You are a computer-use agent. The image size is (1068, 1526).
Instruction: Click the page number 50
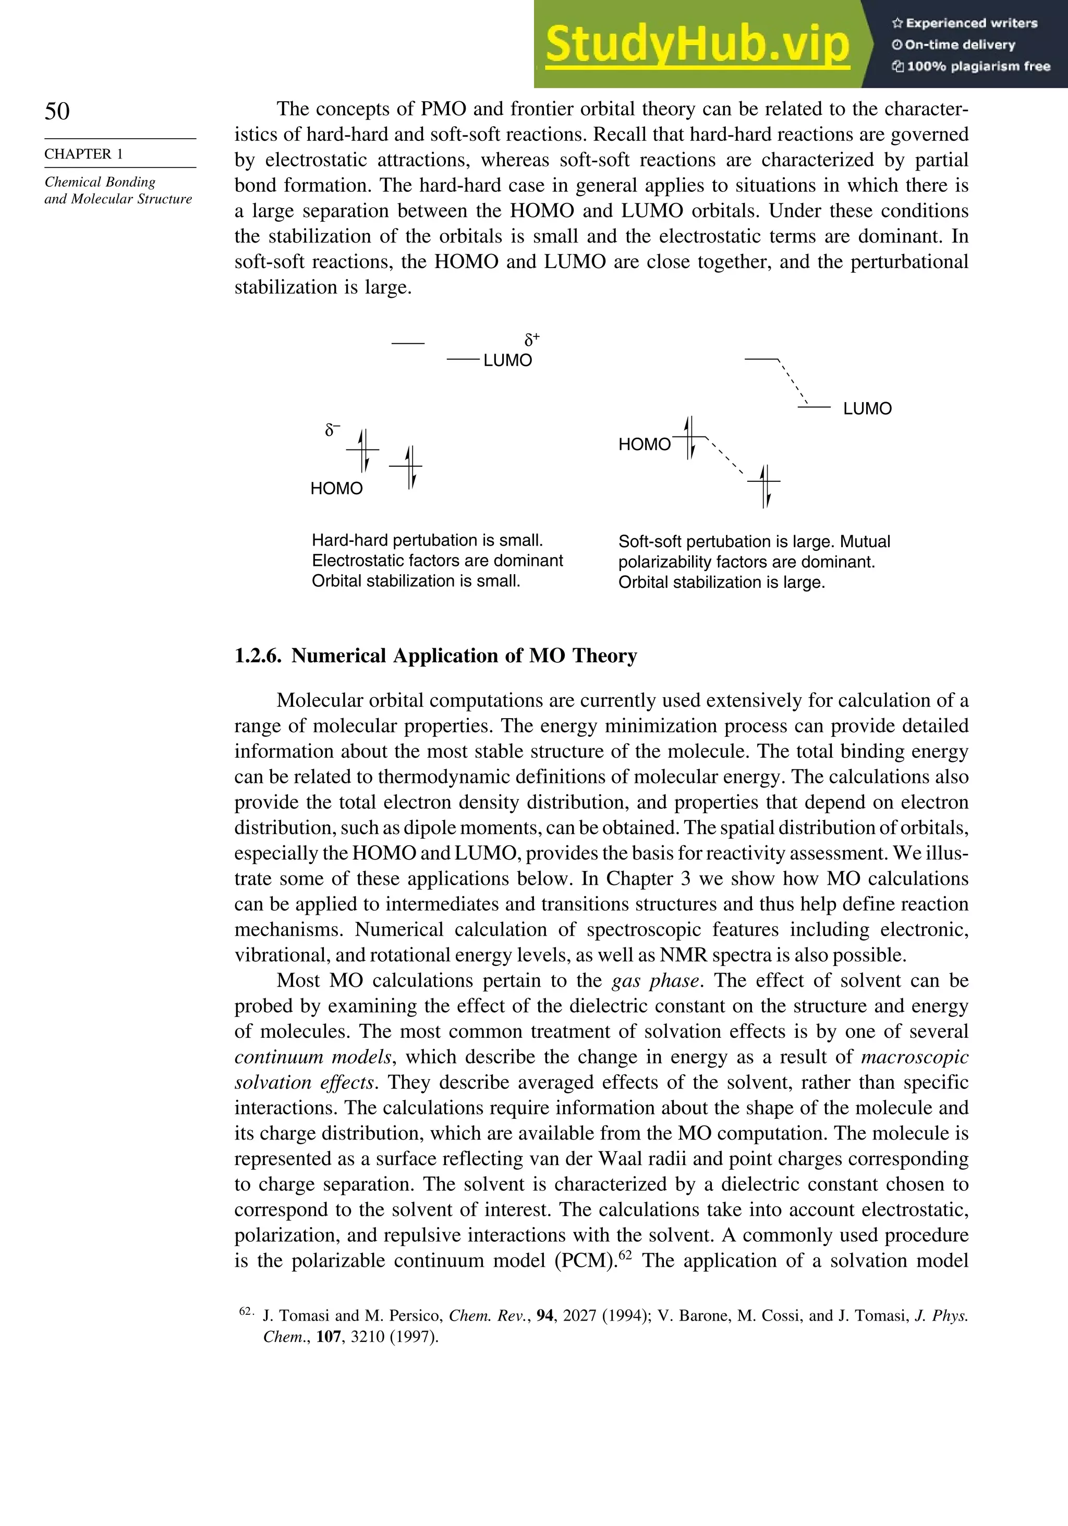(x=57, y=111)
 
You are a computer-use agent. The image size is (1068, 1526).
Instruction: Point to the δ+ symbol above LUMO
(x=532, y=340)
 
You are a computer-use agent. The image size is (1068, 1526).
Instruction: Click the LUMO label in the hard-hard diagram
(x=508, y=360)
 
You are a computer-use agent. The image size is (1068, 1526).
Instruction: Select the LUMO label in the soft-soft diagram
(x=867, y=409)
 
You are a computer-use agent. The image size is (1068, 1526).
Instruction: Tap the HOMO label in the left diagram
(x=336, y=489)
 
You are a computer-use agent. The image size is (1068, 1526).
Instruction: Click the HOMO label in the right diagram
(x=644, y=445)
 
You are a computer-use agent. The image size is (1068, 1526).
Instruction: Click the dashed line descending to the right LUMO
(x=792, y=382)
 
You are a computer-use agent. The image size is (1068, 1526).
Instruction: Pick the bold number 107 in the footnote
(x=329, y=1337)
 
